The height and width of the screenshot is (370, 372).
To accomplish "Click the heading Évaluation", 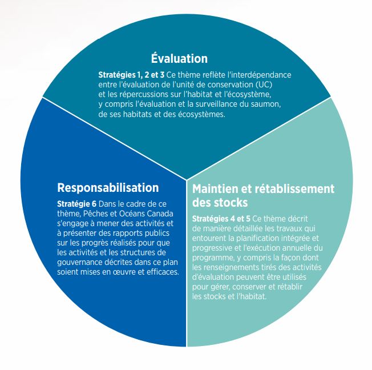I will (x=179, y=59).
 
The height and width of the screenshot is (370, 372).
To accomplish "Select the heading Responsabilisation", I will (x=108, y=188).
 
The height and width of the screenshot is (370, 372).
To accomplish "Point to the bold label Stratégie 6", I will (x=78, y=204).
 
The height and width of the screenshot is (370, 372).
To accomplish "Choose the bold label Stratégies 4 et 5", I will (x=220, y=219).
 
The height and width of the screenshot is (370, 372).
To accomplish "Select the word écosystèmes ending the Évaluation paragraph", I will (x=202, y=114).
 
